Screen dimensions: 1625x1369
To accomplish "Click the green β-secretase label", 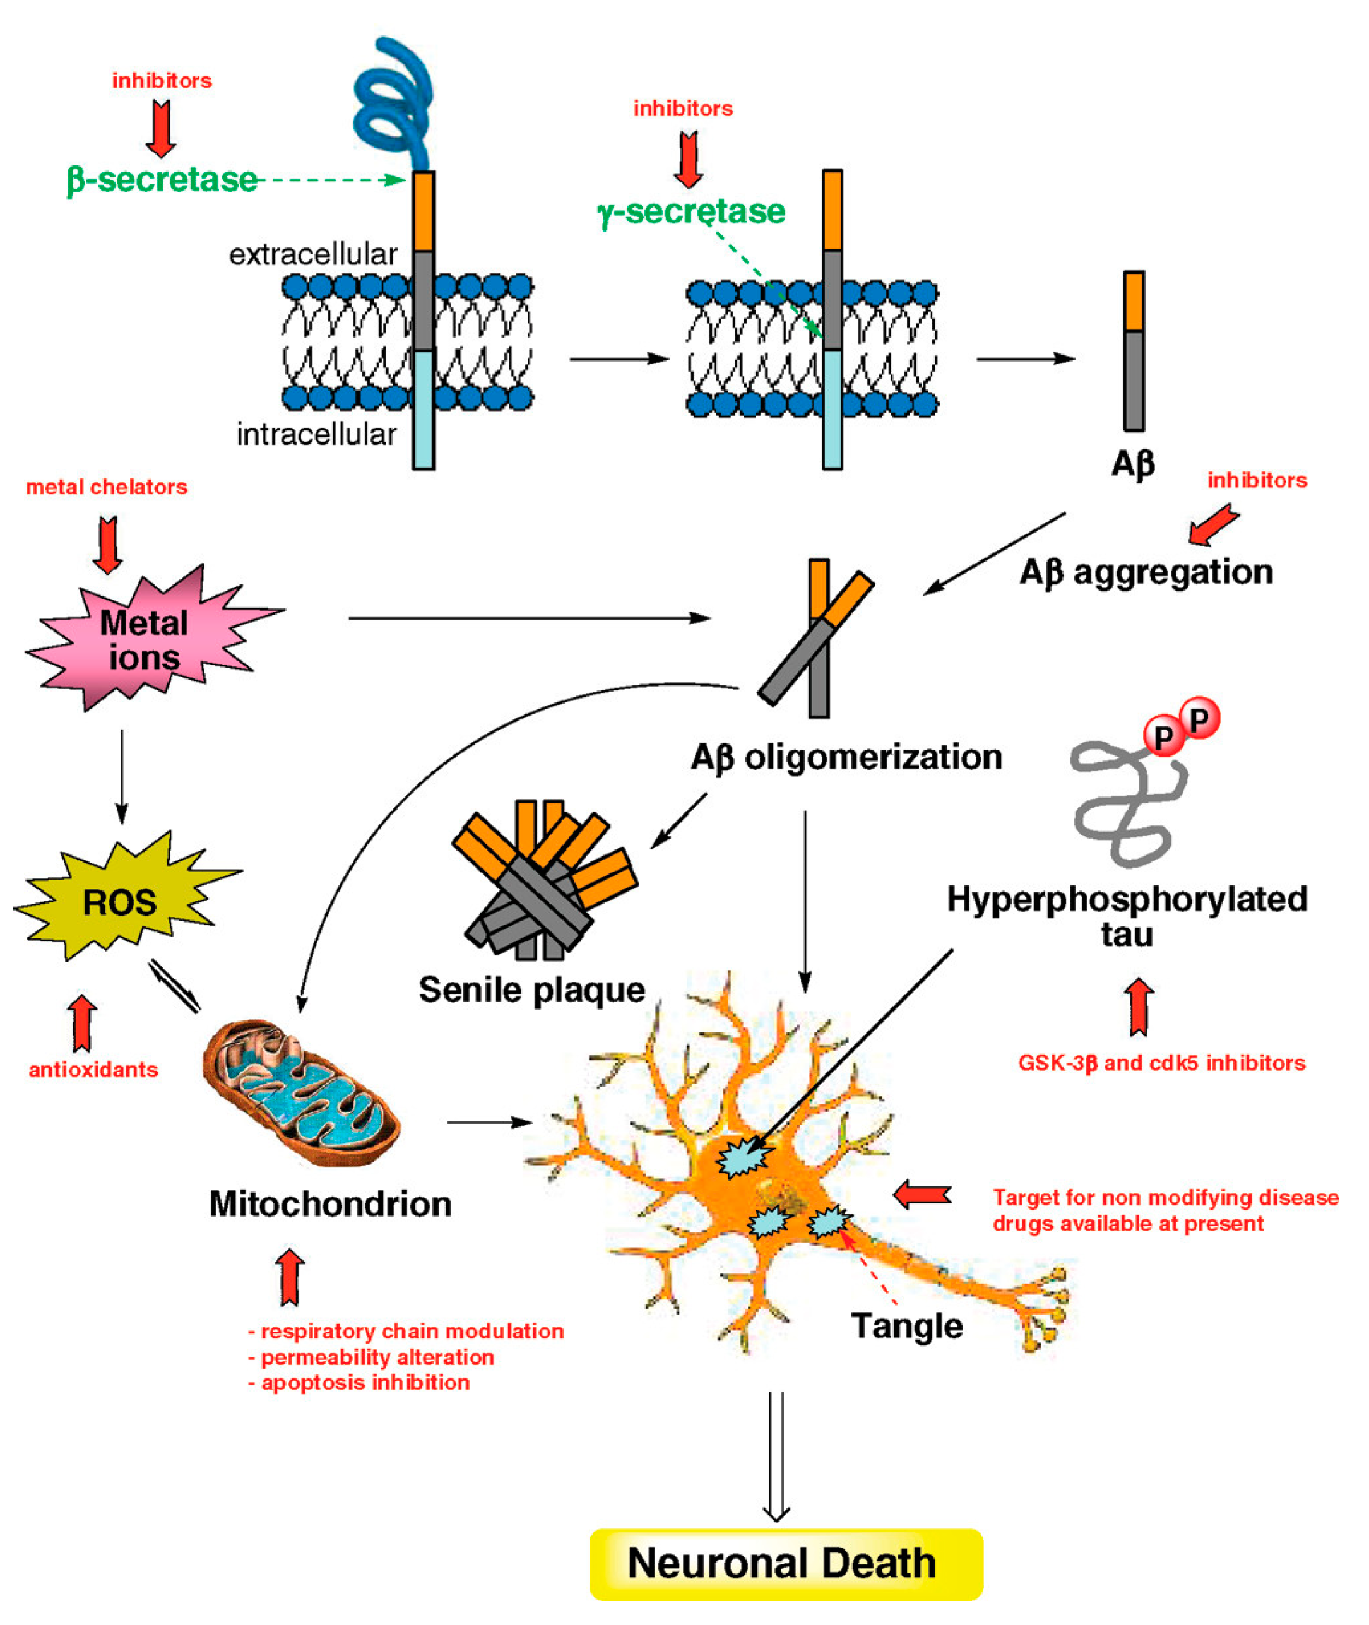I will (x=162, y=180).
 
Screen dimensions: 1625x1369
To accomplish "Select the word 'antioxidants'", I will (x=93, y=1070).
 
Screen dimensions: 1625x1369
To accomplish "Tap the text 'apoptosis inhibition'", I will (x=365, y=1382).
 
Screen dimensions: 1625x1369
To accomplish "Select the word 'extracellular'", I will (x=313, y=254).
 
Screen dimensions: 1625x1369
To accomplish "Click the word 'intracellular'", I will (x=317, y=435).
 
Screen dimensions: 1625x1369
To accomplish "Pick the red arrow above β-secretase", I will (x=161, y=129).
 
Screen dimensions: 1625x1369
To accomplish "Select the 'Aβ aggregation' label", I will (x=1146, y=573).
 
